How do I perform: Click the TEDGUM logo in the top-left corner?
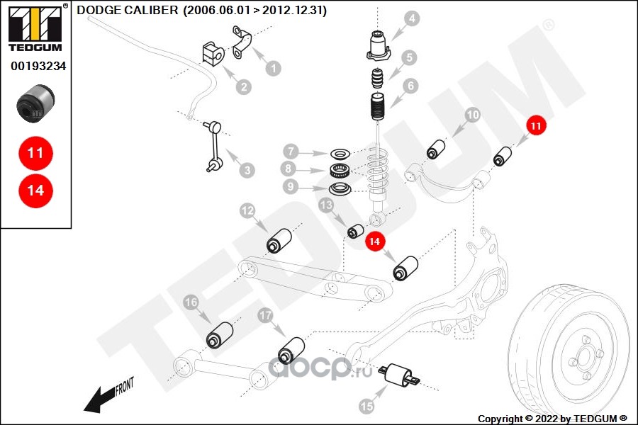pyautogui.click(x=35, y=28)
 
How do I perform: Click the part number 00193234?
pyautogui.click(x=38, y=66)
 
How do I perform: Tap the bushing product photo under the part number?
pyautogui.click(x=35, y=103)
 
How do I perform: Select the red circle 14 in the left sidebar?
pyautogui.click(x=36, y=191)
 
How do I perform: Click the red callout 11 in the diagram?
pyautogui.click(x=536, y=125)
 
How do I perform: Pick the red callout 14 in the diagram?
pyautogui.click(x=374, y=242)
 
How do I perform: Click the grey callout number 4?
pyautogui.click(x=412, y=18)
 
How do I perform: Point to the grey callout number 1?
pyautogui.click(x=274, y=68)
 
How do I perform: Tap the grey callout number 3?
pyautogui.click(x=247, y=170)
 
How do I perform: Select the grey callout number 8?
pyautogui.click(x=288, y=168)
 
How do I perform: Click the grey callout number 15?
pyautogui.click(x=366, y=406)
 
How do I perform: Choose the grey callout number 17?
pyautogui.click(x=265, y=315)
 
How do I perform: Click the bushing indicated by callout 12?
pyautogui.click(x=279, y=241)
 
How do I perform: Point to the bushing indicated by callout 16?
pyautogui.click(x=219, y=335)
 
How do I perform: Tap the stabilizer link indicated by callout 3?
pyautogui.click(x=214, y=147)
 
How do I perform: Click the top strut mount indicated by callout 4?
pyautogui.click(x=379, y=45)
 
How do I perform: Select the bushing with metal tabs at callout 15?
pyautogui.click(x=398, y=375)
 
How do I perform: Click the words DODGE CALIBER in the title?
pyautogui.click(x=128, y=10)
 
